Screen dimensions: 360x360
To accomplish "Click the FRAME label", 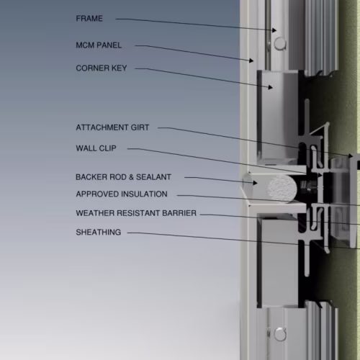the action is (x=89, y=19).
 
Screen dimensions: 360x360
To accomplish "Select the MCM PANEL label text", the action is (x=99, y=45).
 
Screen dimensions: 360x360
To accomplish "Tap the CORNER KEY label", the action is (x=102, y=68).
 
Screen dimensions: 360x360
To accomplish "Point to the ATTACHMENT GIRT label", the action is (x=112, y=127).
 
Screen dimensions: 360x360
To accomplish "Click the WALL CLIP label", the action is (x=96, y=148).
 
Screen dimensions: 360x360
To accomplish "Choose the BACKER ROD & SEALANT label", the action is (x=123, y=177).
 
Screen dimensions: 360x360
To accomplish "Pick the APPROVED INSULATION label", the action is (x=122, y=194).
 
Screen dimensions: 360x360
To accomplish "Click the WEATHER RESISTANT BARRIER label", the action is (x=136, y=213).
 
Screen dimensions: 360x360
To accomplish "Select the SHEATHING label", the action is (x=99, y=233).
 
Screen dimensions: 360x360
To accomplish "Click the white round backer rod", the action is (x=282, y=189).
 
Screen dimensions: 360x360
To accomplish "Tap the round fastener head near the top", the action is (x=280, y=43).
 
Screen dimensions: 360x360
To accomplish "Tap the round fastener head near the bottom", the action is (x=280, y=334).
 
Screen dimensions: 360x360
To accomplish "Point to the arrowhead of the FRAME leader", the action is (x=274, y=30).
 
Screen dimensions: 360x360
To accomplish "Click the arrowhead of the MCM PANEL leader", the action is (x=251, y=60).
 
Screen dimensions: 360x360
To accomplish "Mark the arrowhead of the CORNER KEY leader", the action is (x=271, y=87).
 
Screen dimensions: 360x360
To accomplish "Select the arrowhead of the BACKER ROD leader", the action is (x=256, y=183).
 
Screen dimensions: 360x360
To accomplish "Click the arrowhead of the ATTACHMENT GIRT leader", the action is (x=351, y=156).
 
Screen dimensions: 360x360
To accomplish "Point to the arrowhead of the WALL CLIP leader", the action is (x=320, y=175).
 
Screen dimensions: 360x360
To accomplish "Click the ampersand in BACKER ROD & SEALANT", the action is (x=131, y=177).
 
